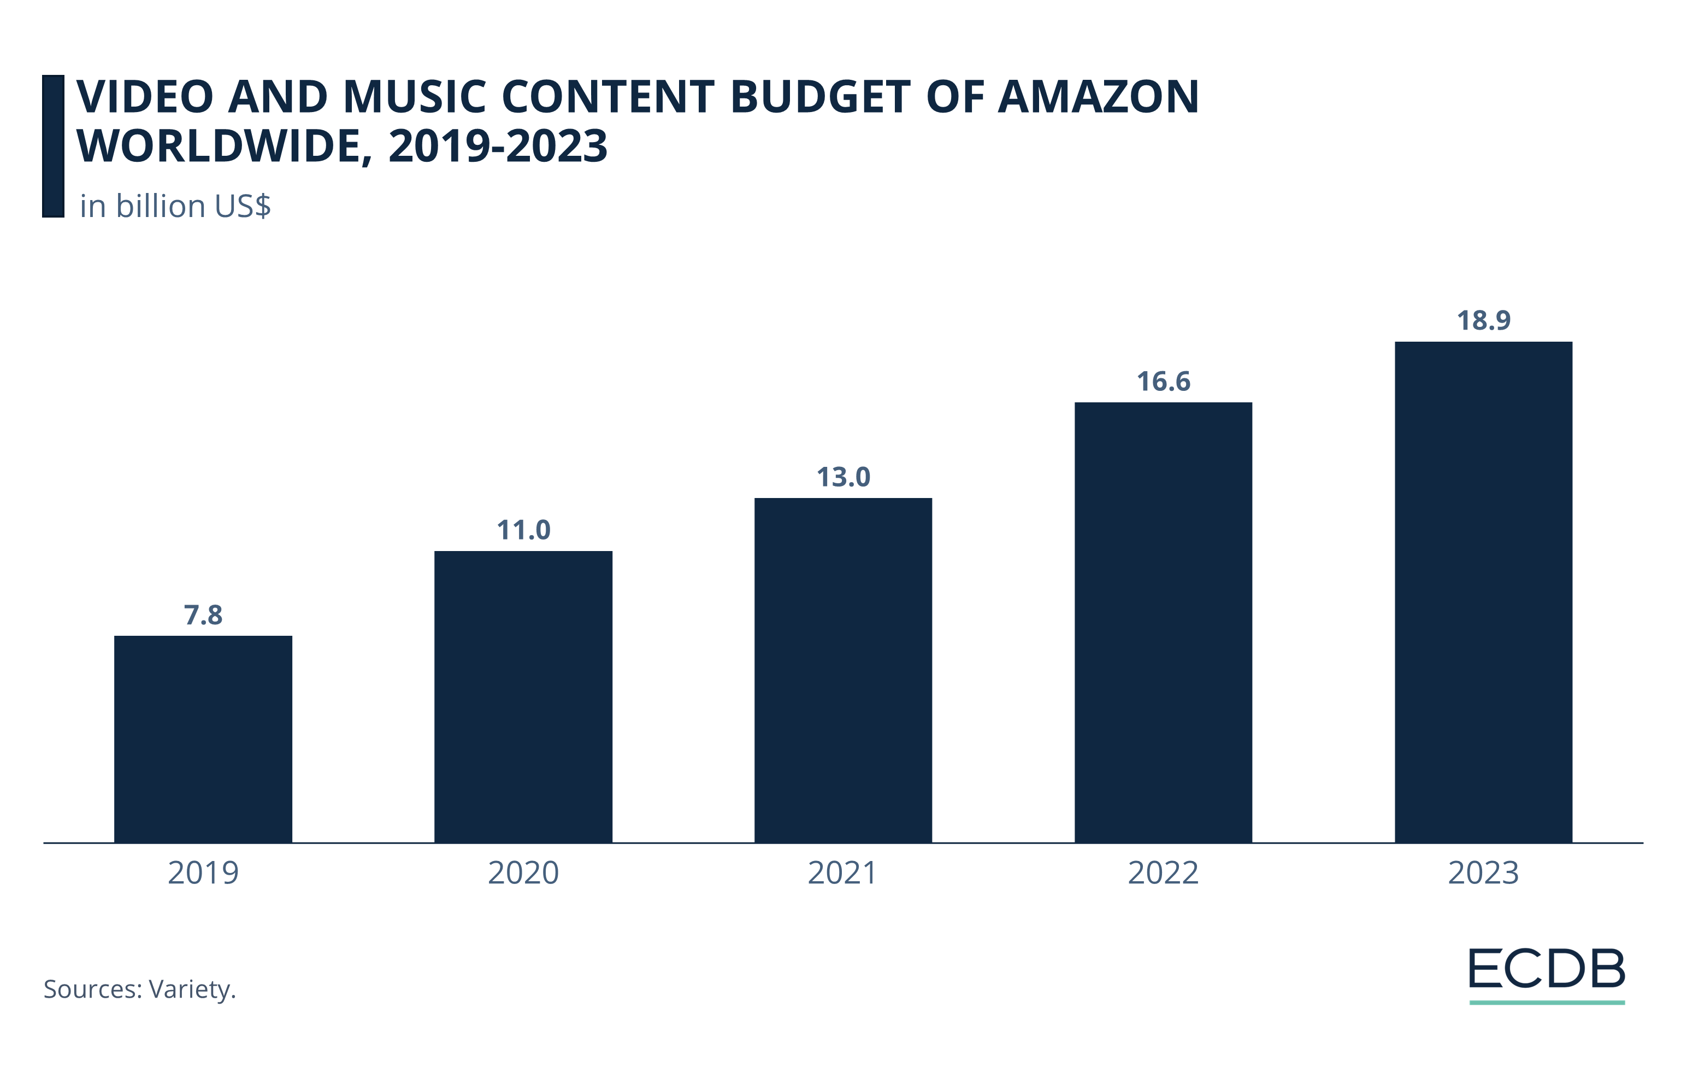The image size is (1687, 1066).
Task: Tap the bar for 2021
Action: tap(843, 670)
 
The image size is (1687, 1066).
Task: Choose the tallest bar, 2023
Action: tap(1483, 592)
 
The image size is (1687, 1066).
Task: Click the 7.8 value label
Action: tap(203, 616)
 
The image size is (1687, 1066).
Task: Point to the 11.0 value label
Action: tap(523, 531)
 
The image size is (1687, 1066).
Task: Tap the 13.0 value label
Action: tap(843, 477)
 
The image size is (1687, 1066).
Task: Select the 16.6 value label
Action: tap(1163, 382)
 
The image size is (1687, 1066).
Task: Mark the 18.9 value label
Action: tap(1483, 321)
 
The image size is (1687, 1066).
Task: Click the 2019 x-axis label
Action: tap(203, 873)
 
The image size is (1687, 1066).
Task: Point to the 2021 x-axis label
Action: tap(843, 873)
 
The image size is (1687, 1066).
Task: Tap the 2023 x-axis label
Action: tap(1483, 873)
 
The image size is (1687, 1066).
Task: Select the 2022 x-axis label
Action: tap(1163, 873)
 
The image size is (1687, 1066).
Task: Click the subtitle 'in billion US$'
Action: tap(175, 207)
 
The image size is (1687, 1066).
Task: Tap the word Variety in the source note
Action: tap(191, 989)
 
